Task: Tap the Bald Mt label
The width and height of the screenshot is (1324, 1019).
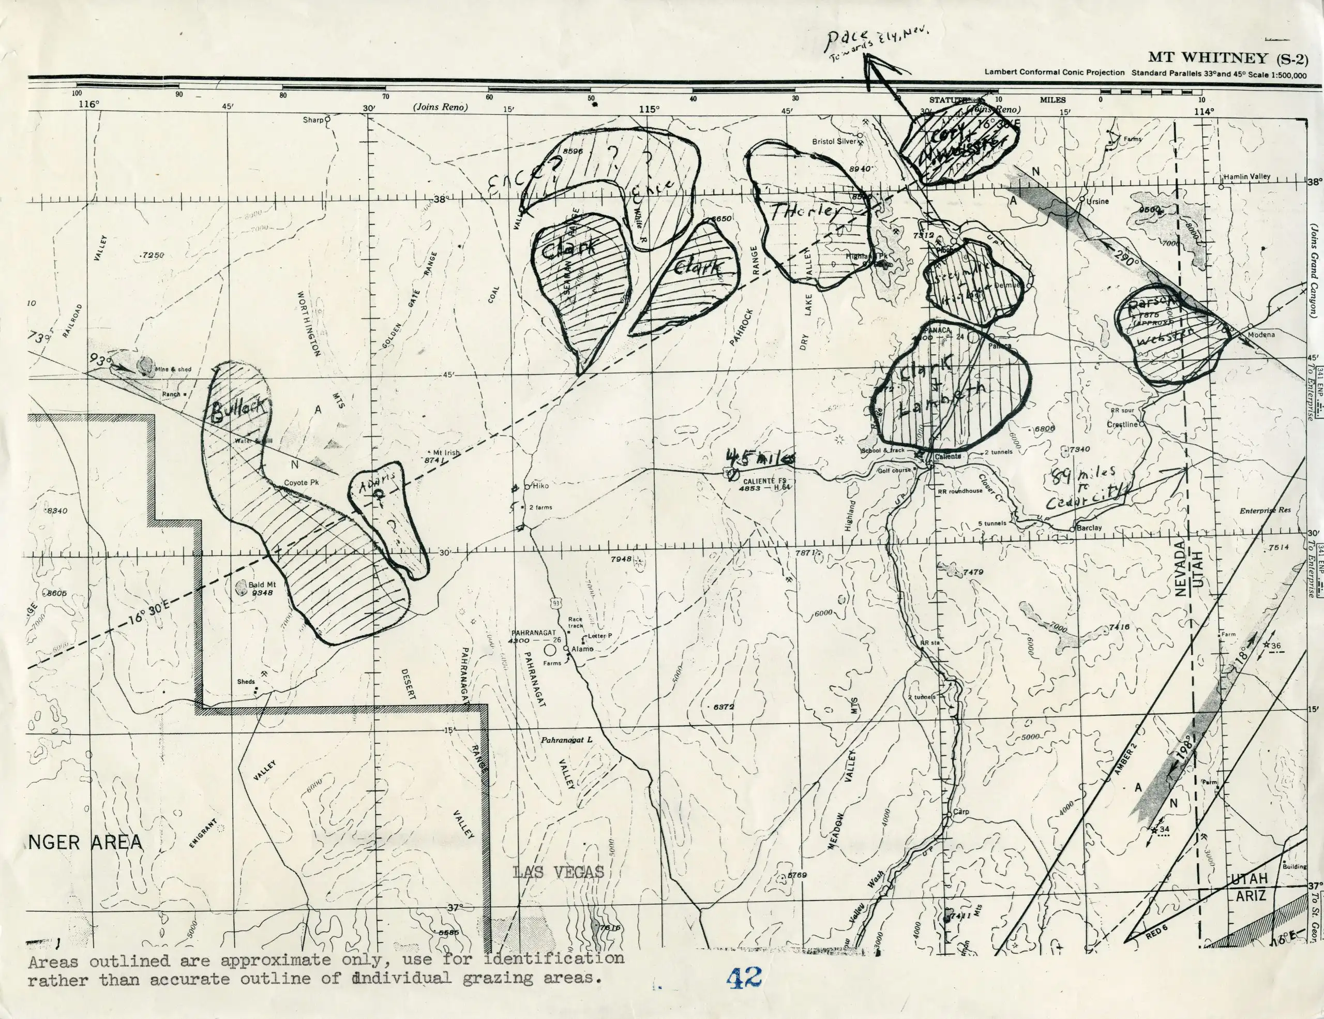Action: click(262, 585)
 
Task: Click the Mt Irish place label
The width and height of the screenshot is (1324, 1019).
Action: click(447, 453)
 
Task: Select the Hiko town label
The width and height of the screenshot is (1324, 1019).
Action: click(540, 486)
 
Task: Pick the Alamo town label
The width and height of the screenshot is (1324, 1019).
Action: click(582, 649)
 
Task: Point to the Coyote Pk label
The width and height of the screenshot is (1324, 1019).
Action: click(302, 483)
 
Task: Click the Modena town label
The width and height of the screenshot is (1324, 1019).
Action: click(1261, 335)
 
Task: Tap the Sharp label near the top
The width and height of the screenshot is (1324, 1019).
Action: click(313, 120)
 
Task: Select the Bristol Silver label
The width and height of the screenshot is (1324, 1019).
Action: click(834, 141)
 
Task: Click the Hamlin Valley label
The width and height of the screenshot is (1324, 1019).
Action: click(1246, 176)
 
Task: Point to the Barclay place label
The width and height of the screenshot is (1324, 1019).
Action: click(1089, 528)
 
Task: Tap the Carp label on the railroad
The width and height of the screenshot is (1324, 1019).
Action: click(961, 812)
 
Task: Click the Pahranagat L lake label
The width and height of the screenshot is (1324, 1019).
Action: click(566, 740)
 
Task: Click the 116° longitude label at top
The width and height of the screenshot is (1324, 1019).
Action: click(88, 104)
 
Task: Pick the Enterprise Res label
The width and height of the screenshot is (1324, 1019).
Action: click(1265, 511)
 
